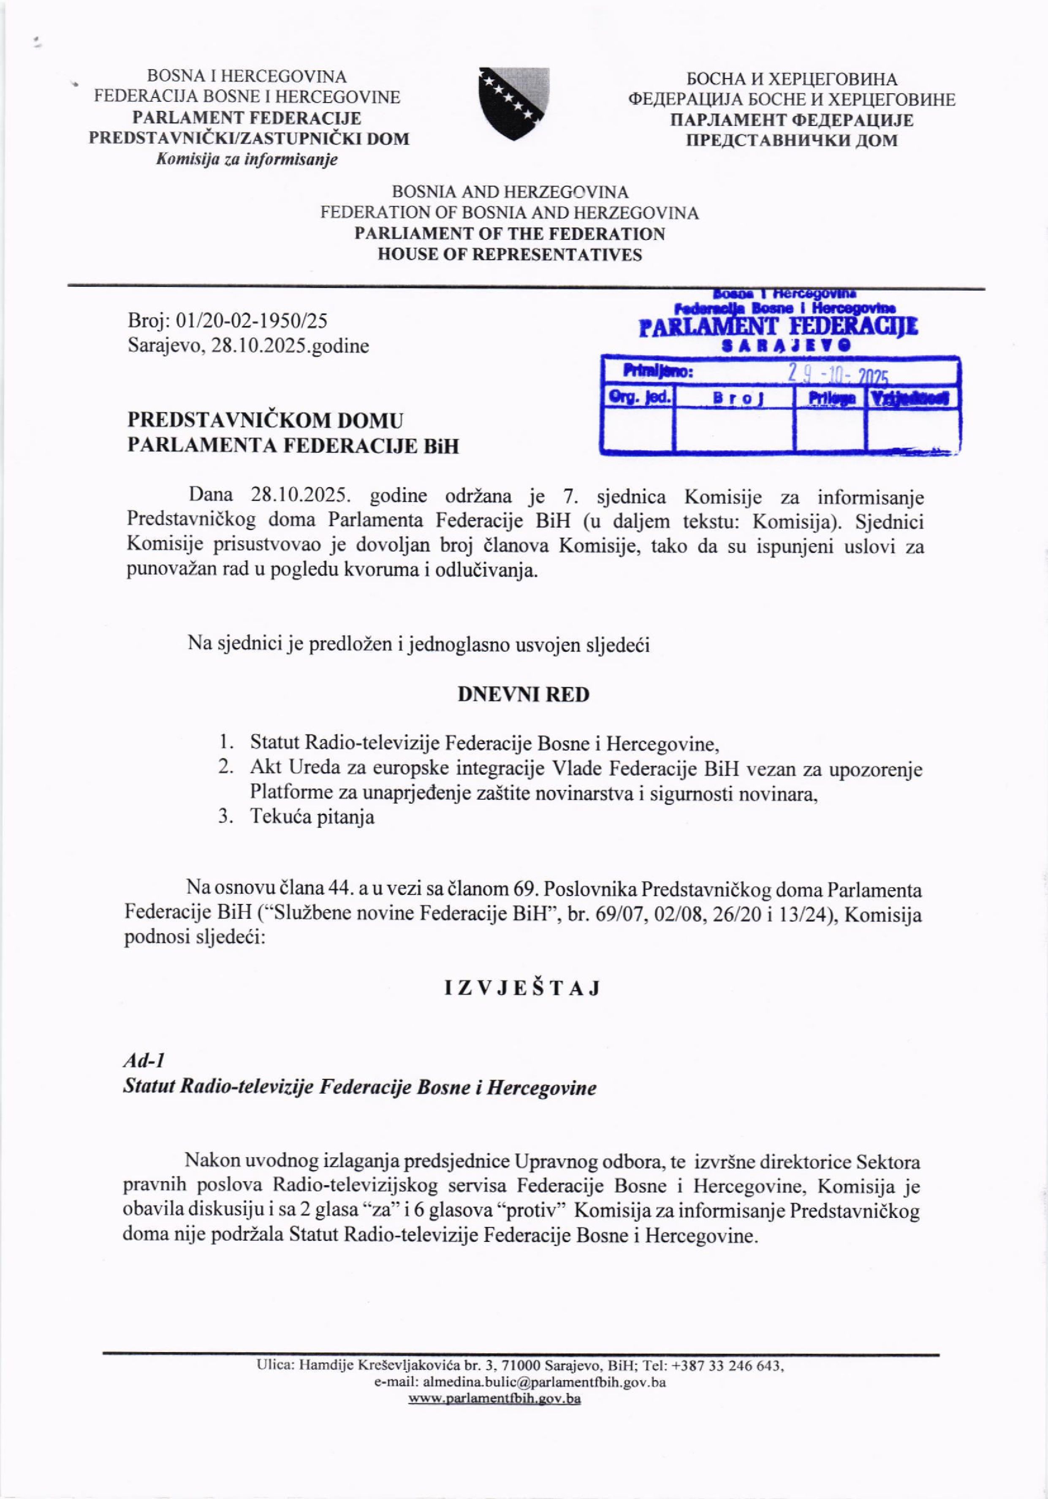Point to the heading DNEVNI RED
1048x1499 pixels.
click(x=523, y=695)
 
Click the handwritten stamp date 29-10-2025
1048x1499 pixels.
click(x=839, y=374)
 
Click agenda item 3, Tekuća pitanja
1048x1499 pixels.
click(x=312, y=817)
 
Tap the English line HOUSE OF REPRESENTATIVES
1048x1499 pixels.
click(x=509, y=255)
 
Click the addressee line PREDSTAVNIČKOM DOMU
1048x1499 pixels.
click(x=266, y=420)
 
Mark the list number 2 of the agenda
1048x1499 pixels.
click(x=225, y=769)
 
